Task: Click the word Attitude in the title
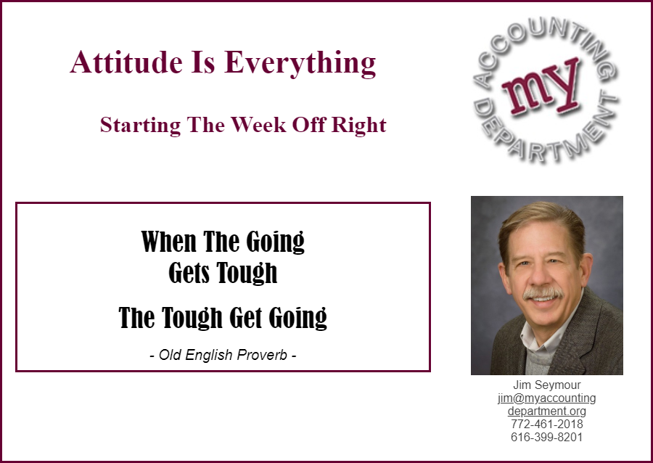click(x=126, y=62)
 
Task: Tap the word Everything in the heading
click(x=300, y=64)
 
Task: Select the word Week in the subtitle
click(x=258, y=125)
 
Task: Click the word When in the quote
click(x=168, y=242)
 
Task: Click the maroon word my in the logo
click(x=541, y=88)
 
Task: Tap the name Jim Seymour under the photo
click(x=546, y=385)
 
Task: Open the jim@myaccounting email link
click(x=547, y=398)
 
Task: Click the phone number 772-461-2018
click(x=547, y=425)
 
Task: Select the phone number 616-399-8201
click(x=546, y=437)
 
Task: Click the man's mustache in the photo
click(x=543, y=293)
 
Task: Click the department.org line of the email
click(x=547, y=411)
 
